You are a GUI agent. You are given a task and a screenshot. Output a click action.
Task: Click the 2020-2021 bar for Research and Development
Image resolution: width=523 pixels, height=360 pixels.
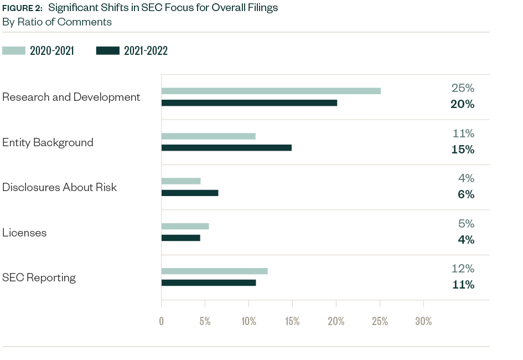pos(271,91)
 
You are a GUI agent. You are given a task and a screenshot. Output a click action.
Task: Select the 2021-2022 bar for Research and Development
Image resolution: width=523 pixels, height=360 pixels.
pos(249,102)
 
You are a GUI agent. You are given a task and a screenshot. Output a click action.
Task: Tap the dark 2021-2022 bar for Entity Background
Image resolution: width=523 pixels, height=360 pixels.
pos(226,148)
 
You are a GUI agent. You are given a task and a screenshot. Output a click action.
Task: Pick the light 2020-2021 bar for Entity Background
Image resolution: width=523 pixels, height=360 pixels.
pos(208,136)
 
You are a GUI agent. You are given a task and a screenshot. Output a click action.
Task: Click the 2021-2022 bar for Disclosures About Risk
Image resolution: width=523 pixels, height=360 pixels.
pos(190,193)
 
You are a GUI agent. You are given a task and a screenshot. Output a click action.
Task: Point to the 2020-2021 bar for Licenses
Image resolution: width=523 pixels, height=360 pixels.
pos(185,226)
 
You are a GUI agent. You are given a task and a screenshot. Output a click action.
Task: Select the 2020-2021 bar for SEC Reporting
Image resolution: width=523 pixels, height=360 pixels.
pos(214,271)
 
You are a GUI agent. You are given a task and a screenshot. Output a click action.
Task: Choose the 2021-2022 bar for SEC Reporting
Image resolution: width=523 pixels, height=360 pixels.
pos(209,282)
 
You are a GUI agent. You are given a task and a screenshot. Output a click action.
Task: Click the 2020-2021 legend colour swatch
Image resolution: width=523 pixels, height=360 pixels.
pos(14,51)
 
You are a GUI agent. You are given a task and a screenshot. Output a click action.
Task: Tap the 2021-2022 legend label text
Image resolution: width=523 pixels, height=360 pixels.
pos(146,51)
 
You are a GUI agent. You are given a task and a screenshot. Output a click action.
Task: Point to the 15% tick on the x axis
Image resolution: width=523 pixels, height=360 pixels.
pos(292,321)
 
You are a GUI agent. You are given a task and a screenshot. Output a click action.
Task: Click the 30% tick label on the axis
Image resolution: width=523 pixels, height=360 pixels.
pos(423,321)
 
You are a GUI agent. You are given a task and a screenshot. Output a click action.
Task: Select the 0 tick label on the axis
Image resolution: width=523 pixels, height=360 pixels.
pos(161,321)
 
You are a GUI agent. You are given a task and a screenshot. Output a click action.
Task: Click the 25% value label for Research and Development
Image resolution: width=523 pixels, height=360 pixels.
pos(462,89)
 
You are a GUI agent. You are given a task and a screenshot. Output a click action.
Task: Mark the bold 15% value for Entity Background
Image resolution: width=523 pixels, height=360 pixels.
pos(462,150)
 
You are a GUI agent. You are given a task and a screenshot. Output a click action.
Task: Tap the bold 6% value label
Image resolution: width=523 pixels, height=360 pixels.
pos(465,194)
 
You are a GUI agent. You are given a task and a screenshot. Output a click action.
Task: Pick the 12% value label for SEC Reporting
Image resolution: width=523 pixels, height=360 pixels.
pos(462,269)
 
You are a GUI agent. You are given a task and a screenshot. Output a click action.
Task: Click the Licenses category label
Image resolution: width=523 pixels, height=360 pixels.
pos(24,233)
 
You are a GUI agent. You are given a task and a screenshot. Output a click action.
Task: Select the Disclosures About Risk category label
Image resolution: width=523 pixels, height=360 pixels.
pos(59,187)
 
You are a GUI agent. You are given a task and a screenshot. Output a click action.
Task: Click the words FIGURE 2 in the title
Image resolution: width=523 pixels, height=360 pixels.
pos(22,8)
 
